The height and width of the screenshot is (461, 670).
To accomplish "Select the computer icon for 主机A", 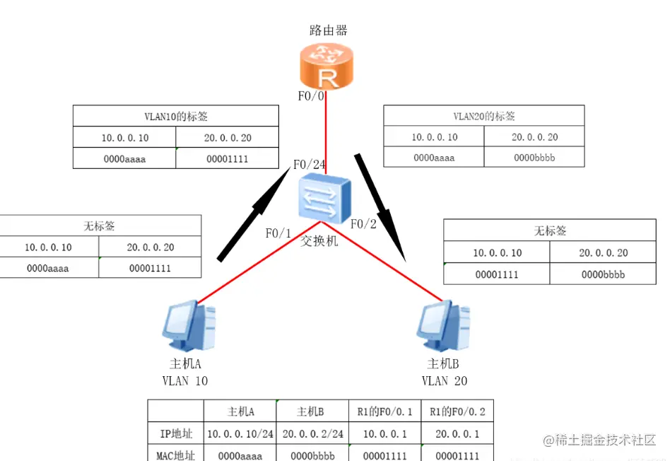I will tap(189, 326).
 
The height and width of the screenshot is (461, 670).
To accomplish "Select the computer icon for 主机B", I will tap(444, 326).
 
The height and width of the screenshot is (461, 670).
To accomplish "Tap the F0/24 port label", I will tap(310, 165).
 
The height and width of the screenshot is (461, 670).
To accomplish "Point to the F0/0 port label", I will tap(311, 95).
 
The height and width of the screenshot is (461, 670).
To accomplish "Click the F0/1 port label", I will tap(278, 233).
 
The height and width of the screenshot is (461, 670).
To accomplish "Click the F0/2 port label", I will tap(365, 224).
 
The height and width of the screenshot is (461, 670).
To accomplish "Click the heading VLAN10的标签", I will tap(176, 117).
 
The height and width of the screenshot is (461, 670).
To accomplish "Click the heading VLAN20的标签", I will tap(483, 116).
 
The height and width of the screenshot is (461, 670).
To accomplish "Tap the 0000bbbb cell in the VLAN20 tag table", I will tap(534, 158).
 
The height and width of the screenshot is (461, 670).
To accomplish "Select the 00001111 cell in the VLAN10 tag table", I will tap(227, 159).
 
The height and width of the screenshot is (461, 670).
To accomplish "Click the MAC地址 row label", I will tap(175, 455).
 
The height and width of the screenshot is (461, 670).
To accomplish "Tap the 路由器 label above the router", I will tap(329, 30).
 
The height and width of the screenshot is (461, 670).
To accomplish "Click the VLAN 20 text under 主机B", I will tap(445, 381).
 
